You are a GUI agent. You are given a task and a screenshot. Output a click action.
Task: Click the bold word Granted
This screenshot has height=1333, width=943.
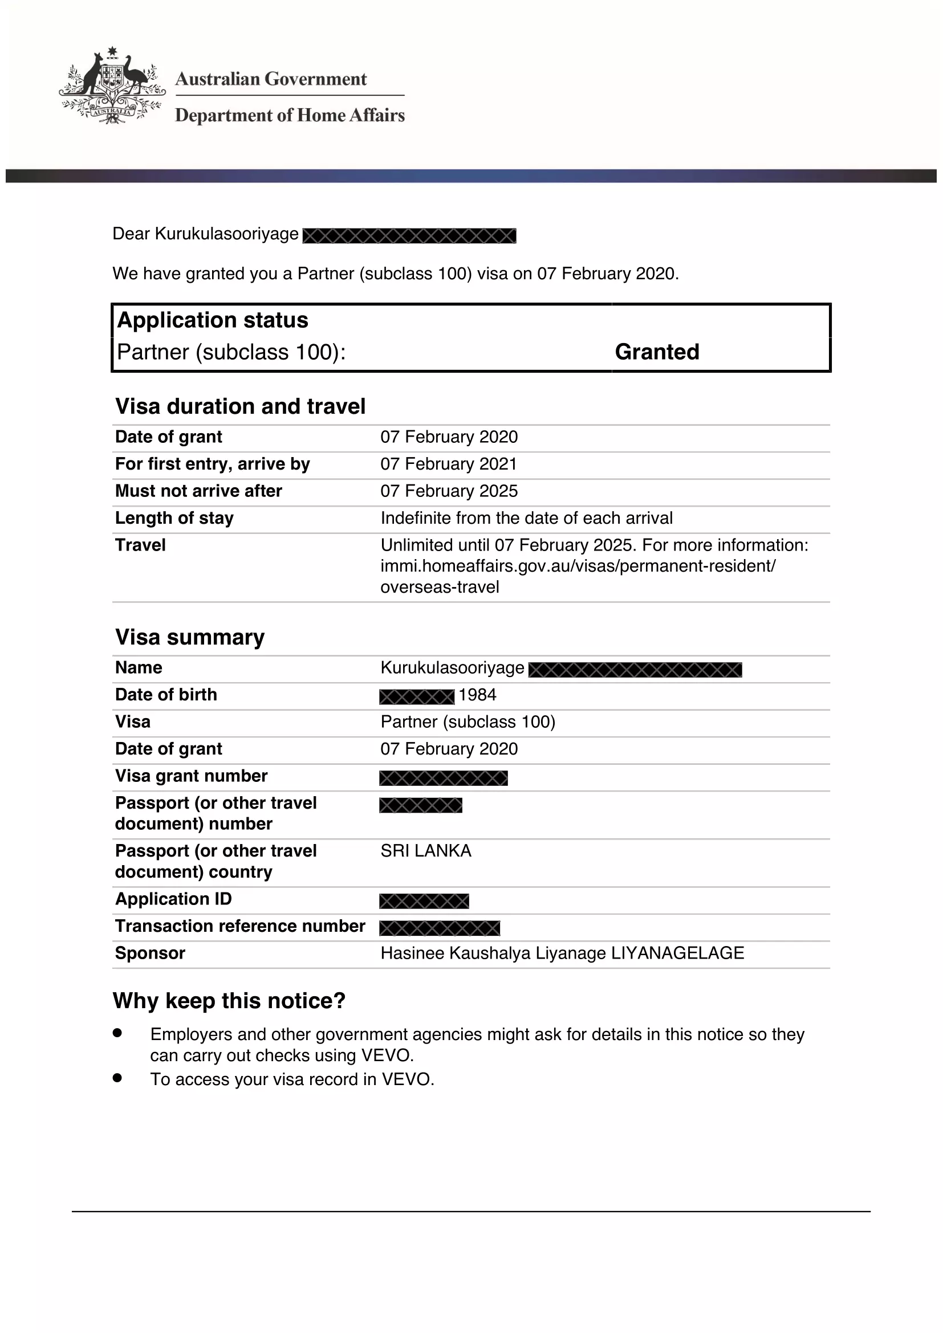(x=657, y=352)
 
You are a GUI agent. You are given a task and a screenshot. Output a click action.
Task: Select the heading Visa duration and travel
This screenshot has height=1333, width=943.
(x=241, y=406)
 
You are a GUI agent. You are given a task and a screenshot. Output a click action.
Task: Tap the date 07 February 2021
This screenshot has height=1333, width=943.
(x=448, y=464)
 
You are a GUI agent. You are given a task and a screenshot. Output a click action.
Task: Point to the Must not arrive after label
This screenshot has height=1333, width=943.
(x=198, y=491)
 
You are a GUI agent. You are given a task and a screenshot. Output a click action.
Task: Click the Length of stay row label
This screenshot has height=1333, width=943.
(x=174, y=518)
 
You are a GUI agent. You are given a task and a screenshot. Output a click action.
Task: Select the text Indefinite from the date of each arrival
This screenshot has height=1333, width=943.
(x=526, y=518)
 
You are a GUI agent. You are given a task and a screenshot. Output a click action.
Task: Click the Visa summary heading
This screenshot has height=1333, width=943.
(x=190, y=637)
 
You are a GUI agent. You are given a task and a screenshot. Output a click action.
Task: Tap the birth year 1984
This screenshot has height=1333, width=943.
(x=477, y=695)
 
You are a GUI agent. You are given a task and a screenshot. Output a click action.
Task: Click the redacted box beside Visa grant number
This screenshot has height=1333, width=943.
(x=443, y=778)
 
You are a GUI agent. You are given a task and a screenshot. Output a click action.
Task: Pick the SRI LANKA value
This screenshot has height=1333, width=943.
(x=426, y=850)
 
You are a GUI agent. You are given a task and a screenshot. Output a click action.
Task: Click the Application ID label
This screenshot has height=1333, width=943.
(x=173, y=899)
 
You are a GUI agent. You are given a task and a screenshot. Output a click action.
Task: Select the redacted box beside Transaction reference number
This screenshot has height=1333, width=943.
(x=439, y=928)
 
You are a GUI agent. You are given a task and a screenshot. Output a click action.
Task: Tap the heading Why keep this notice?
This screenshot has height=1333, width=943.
(x=229, y=1001)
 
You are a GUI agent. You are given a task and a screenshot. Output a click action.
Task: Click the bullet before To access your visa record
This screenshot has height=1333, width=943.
(x=117, y=1078)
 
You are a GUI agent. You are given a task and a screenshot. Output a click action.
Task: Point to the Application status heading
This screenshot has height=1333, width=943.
(x=213, y=320)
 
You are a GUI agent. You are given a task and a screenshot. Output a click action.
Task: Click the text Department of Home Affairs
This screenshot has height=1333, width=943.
(x=290, y=115)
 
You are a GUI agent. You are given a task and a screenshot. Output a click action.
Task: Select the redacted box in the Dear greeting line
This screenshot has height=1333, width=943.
(x=409, y=236)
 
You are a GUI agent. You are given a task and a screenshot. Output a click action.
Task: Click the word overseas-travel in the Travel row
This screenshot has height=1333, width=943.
(x=440, y=587)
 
